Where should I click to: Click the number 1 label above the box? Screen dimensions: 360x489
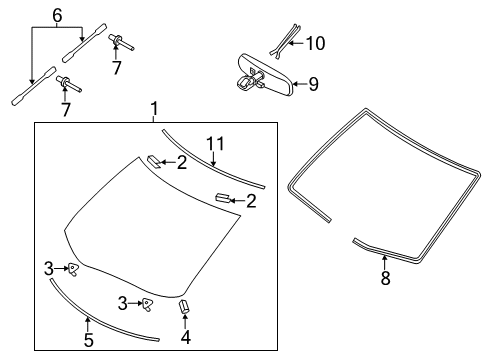point(154,108)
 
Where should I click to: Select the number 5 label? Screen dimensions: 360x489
point(88,340)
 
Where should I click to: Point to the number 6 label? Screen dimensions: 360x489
point(57,17)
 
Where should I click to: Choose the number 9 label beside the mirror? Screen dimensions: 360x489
point(313,85)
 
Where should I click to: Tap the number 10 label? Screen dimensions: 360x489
point(316,43)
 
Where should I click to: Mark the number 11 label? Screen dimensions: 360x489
point(211,143)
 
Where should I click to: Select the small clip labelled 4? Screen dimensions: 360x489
point(184,306)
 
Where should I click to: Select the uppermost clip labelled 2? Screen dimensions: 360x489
point(155,160)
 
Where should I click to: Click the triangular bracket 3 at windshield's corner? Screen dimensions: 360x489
point(73,268)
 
